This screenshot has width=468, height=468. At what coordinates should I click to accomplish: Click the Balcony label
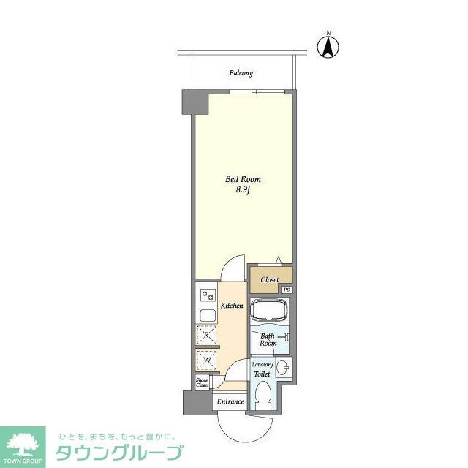(241, 73)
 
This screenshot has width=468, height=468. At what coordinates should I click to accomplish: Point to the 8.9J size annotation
(242, 191)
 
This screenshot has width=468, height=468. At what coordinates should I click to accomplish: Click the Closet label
(270, 279)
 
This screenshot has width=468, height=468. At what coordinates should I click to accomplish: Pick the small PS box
(287, 290)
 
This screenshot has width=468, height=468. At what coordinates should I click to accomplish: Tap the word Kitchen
(232, 305)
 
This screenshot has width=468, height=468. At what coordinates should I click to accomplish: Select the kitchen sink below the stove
(205, 316)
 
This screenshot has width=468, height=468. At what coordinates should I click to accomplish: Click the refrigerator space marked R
(206, 335)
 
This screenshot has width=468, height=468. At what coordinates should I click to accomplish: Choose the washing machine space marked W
(206, 361)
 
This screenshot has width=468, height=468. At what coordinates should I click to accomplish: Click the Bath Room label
(268, 340)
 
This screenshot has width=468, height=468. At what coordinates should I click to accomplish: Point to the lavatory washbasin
(284, 368)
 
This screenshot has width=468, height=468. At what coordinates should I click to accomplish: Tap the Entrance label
(230, 401)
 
